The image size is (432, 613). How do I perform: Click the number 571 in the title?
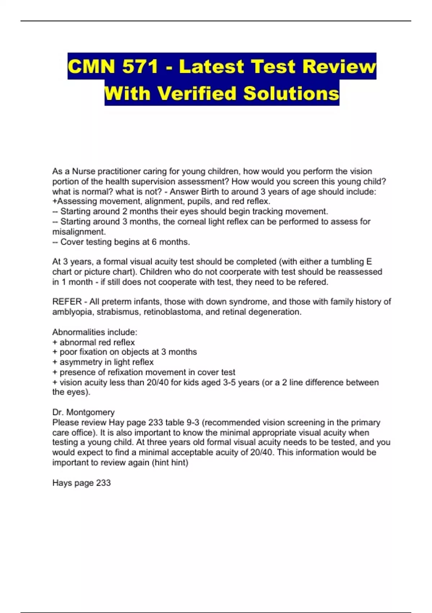click(140, 67)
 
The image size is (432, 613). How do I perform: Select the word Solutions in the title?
click(291, 93)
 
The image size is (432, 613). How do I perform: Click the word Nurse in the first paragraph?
click(84, 171)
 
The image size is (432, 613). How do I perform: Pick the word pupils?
click(200, 201)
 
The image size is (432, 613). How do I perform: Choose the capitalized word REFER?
click(67, 302)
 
